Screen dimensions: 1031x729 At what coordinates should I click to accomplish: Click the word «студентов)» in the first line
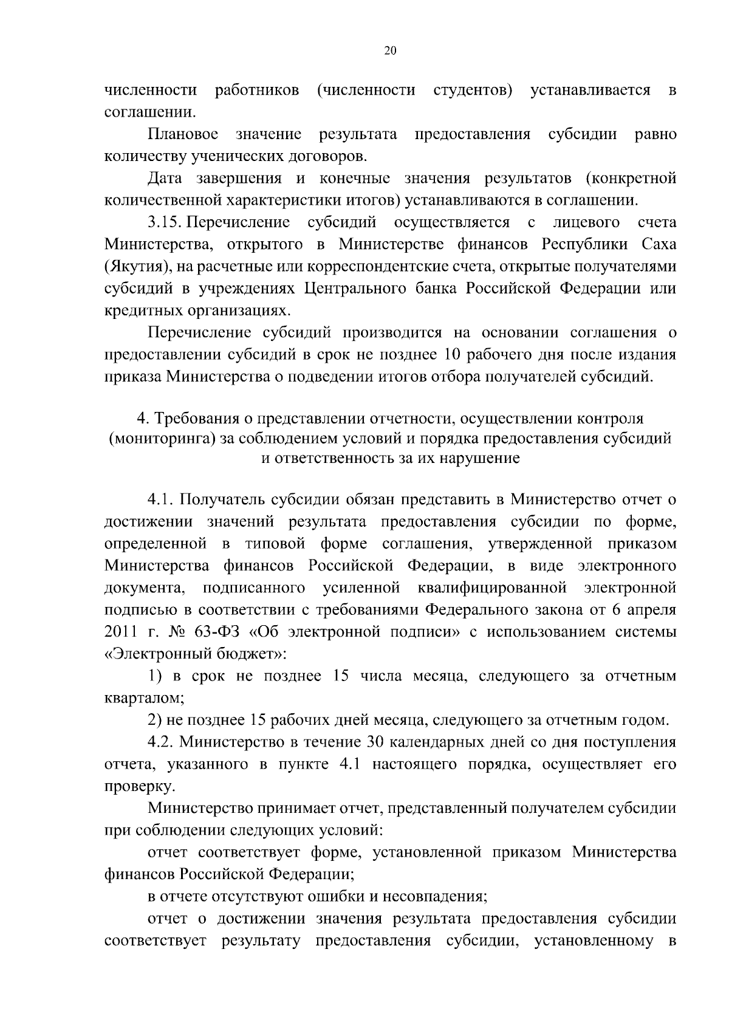[473, 91]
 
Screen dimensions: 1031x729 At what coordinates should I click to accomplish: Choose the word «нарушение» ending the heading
[484, 458]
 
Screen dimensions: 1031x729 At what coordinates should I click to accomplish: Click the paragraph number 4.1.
[162, 500]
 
